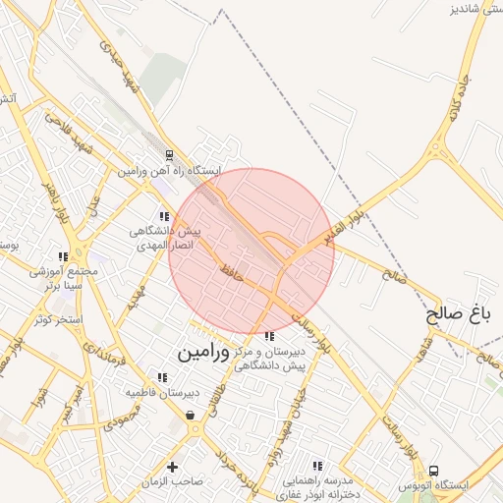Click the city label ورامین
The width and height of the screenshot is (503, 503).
[x=203, y=352]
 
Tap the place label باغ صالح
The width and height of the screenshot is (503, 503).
[x=457, y=314]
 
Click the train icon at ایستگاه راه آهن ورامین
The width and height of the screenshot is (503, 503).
[x=170, y=154]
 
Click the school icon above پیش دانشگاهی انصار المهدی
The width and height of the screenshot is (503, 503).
[x=163, y=215]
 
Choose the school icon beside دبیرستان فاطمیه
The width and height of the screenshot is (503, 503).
[x=162, y=376]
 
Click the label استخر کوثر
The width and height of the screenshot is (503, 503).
[x=57, y=320]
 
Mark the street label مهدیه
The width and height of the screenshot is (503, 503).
[x=137, y=299]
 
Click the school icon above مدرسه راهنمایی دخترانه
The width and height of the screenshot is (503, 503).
[x=316, y=466]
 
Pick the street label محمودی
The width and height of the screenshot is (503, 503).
[x=122, y=419]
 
